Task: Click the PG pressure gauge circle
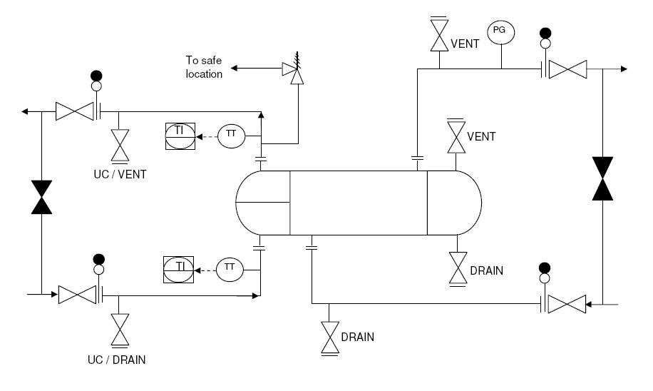(500, 31)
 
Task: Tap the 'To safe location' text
(205, 68)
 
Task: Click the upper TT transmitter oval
(230, 135)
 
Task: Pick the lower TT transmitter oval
(230, 268)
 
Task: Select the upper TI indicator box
(180, 136)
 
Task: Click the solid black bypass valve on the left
(43, 197)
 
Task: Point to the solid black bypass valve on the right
(602, 178)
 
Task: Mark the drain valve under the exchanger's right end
(457, 268)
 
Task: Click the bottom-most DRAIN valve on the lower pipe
(329, 337)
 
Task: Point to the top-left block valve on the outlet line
(75, 111)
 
